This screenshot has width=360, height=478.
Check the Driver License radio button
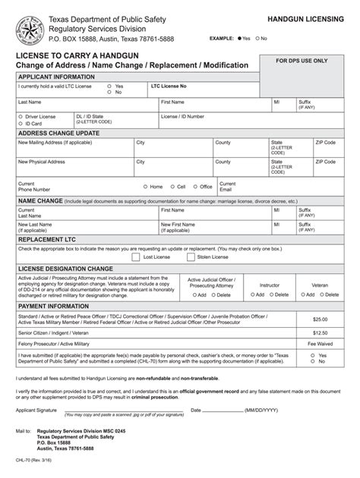coord(21,117)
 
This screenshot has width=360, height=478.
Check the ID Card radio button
coord(21,123)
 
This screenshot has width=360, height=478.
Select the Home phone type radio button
coord(145,186)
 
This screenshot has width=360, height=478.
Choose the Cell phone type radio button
coord(172,186)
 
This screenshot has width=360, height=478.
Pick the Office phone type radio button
coord(194,186)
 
